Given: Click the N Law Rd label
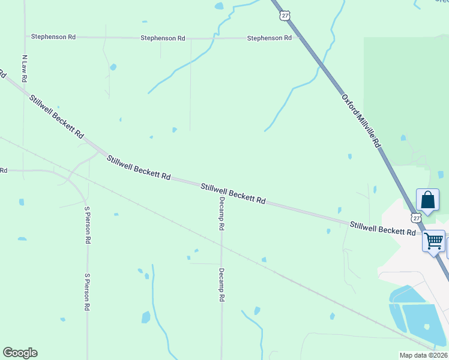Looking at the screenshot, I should [x=25, y=69].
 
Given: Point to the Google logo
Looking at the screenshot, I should [x=20, y=353].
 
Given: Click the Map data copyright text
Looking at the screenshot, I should [x=423, y=355].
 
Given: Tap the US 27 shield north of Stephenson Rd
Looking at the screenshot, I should [x=284, y=16].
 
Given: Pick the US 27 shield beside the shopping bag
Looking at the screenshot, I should [x=417, y=217].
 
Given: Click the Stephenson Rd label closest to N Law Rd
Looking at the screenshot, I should [x=54, y=37].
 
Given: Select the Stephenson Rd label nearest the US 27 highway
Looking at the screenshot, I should [x=270, y=38].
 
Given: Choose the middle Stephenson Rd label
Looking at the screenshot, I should [x=163, y=38].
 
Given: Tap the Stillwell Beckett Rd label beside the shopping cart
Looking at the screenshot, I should [x=383, y=228].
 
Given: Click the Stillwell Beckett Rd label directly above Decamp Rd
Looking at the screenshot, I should [x=233, y=194].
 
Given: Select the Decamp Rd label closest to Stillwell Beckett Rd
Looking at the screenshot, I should [x=221, y=214].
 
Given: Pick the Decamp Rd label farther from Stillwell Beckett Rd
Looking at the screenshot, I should [x=221, y=284].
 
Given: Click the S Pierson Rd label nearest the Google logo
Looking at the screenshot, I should [x=87, y=292].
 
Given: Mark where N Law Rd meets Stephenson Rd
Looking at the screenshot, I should [x=25, y=37].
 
